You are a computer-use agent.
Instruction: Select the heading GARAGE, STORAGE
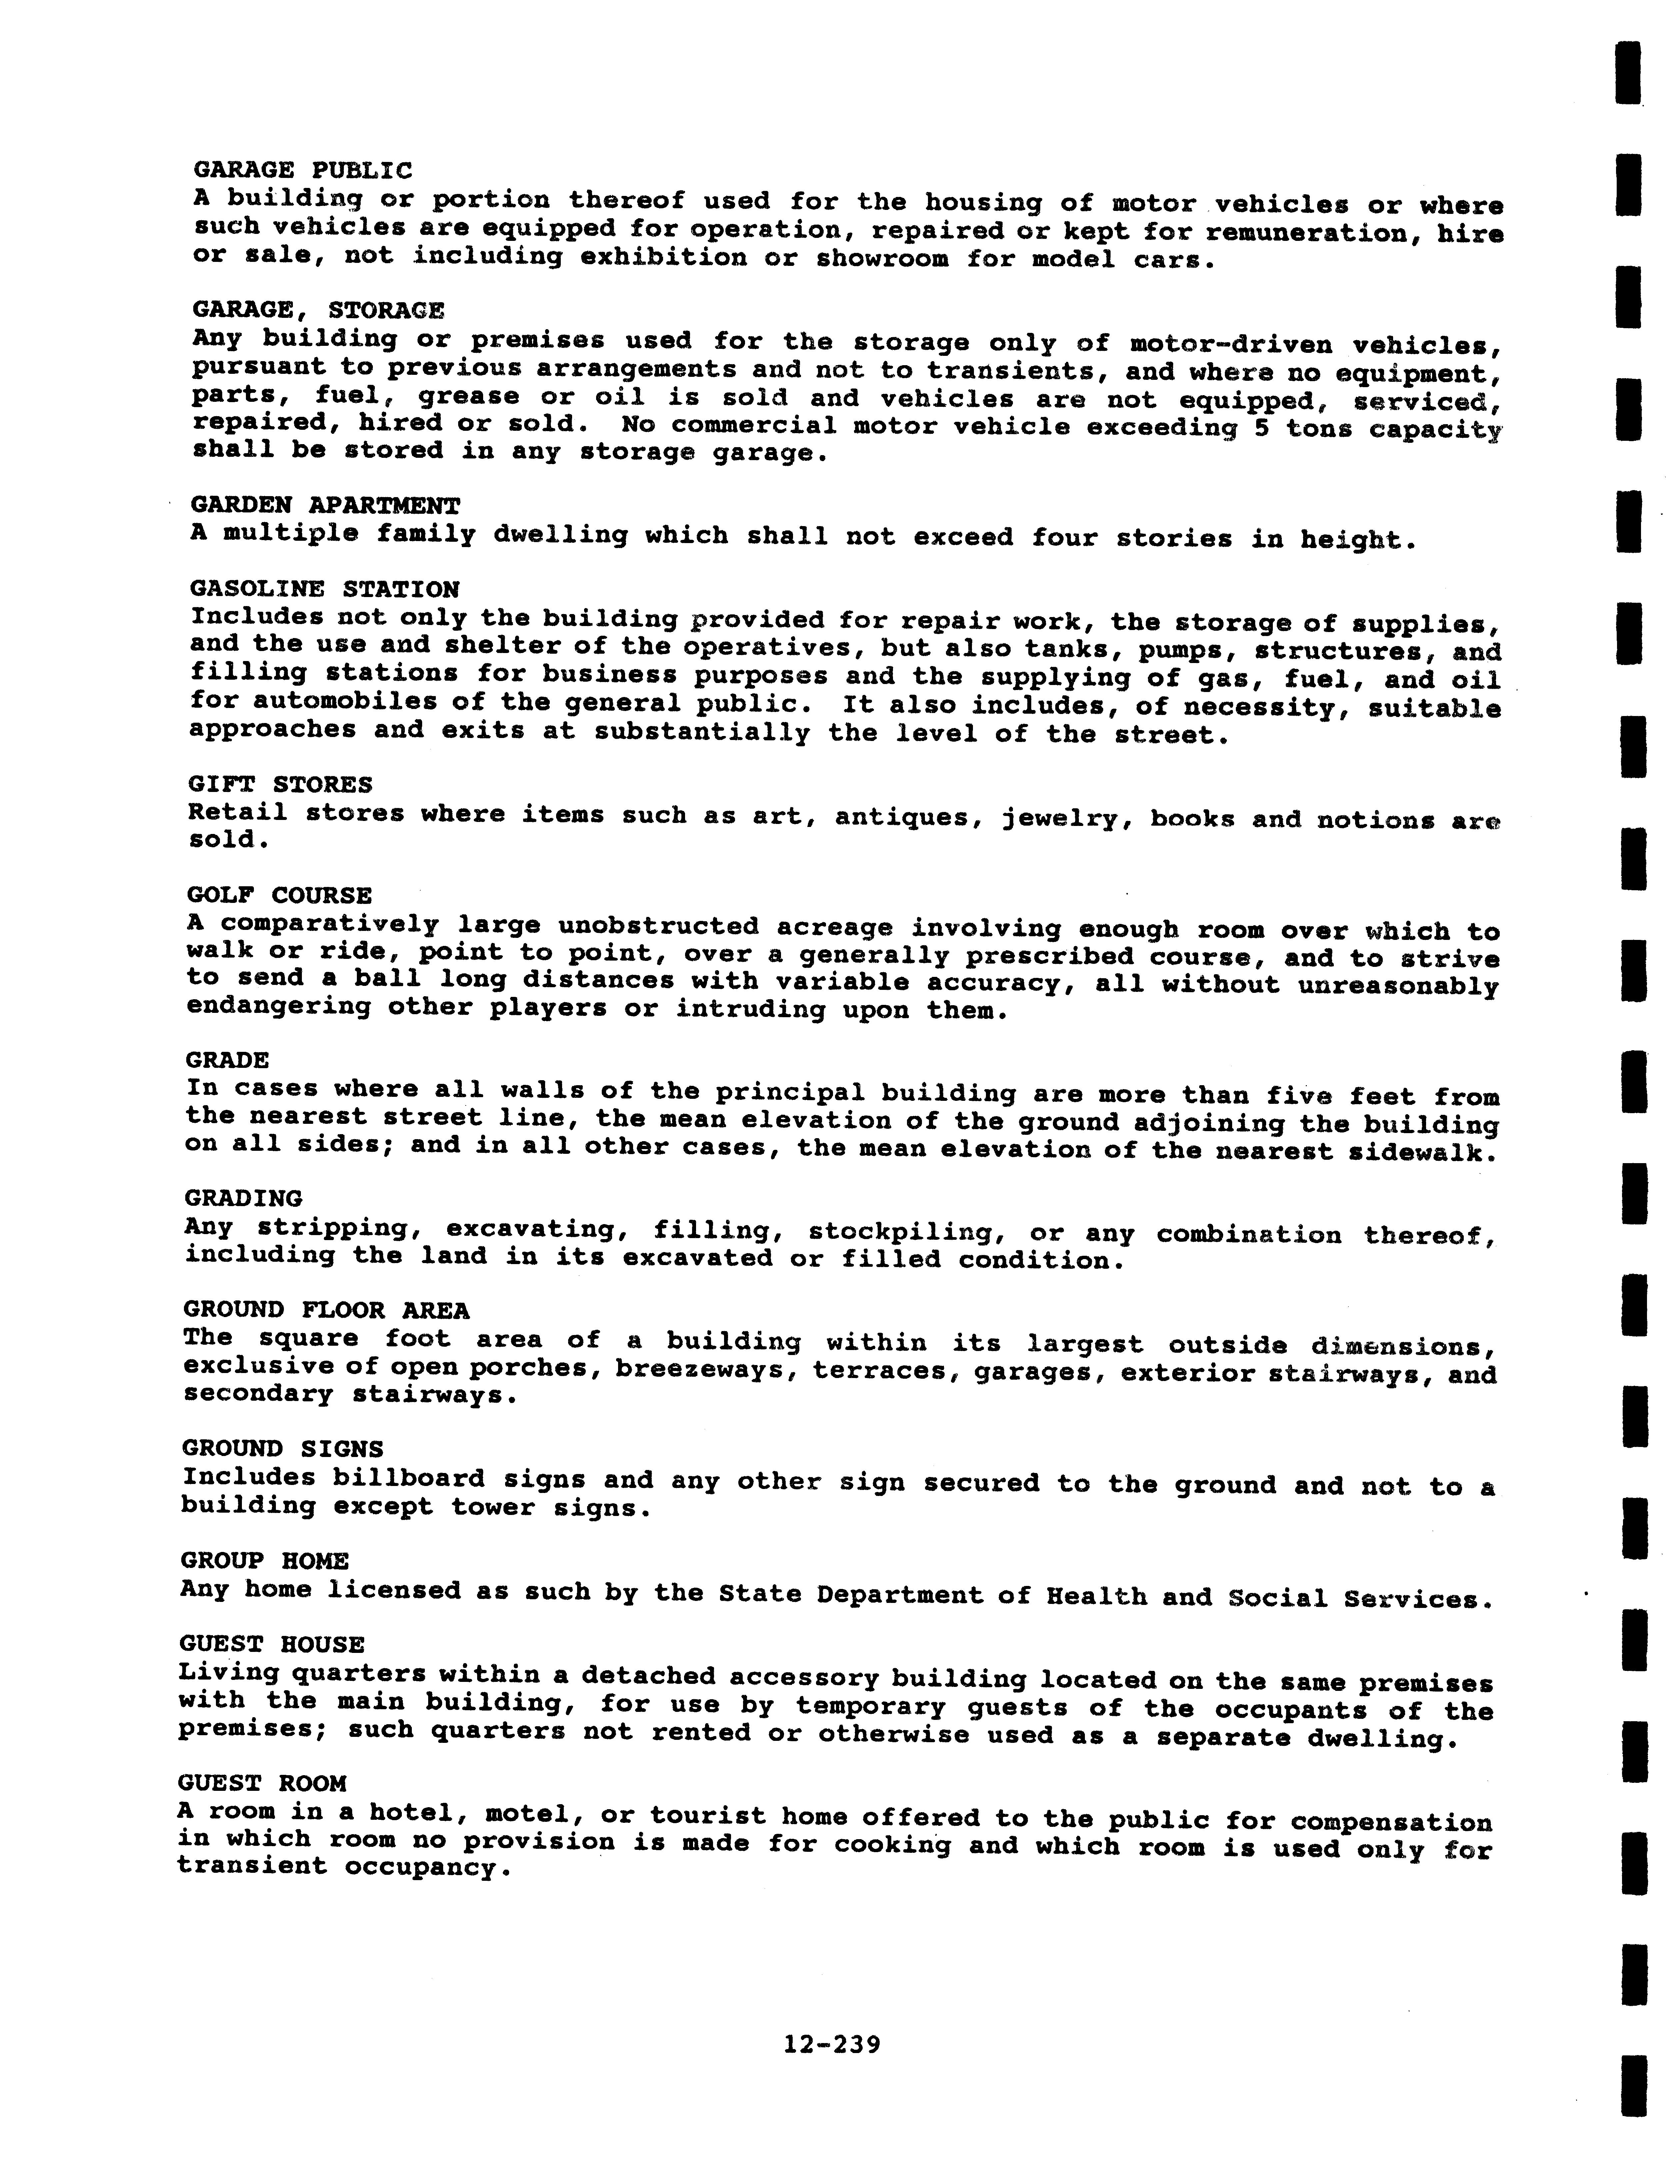point(318,310)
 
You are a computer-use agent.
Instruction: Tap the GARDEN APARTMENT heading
point(325,505)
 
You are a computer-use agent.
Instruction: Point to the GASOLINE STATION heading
point(325,590)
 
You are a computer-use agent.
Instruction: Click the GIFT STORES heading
point(281,785)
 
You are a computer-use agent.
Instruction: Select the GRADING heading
point(244,1199)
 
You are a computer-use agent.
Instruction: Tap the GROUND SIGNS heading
point(283,1450)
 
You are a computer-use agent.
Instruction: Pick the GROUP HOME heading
point(265,1561)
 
